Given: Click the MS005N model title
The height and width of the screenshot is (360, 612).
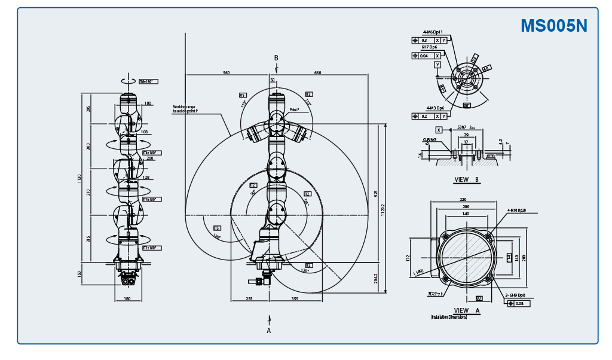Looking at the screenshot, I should (x=553, y=26).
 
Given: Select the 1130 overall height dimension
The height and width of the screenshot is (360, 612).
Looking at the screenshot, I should (x=79, y=178).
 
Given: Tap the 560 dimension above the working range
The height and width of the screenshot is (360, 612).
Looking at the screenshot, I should (x=227, y=73).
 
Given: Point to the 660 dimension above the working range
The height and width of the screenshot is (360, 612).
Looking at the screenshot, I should (x=317, y=73).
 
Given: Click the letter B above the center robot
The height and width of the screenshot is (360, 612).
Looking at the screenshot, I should (x=276, y=57).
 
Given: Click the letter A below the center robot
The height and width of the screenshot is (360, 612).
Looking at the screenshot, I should (x=269, y=330).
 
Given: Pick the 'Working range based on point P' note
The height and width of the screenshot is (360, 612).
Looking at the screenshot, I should (x=184, y=109).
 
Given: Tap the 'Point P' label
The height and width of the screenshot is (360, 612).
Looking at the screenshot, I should (x=294, y=110).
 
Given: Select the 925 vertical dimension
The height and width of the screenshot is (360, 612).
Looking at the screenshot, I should (x=375, y=194).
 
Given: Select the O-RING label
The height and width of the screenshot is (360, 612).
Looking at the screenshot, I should (x=429, y=139).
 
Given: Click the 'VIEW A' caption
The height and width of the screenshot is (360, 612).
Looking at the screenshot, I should (x=467, y=310).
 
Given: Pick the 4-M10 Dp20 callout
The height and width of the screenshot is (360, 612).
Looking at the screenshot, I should (x=517, y=210).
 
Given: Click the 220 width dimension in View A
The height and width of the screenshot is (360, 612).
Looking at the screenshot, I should (x=463, y=200).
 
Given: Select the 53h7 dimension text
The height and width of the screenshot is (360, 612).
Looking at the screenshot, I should (x=462, y=127).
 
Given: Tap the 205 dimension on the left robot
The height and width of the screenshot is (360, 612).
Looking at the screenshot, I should (x=88, y=108).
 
